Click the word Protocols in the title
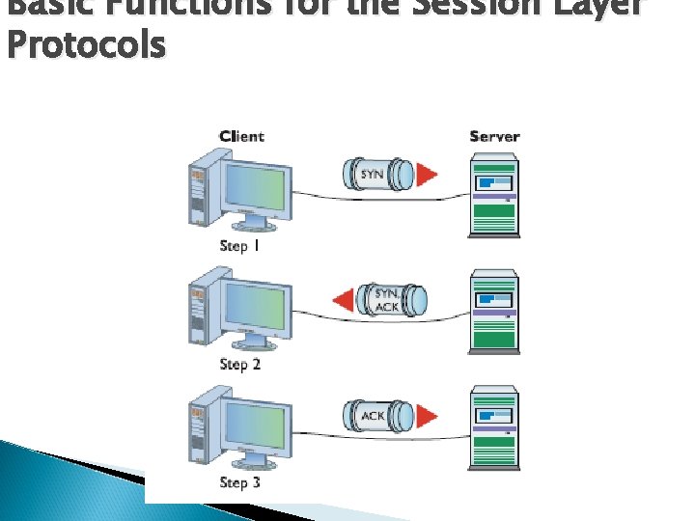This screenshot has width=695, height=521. pyautogui.click(x=85, y=45)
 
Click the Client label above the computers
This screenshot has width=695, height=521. pyautogui.click(x=241, y=136)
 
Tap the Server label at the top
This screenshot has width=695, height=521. pyautogui.click(x=494, y=136)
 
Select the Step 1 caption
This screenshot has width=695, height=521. pyautogui.click(x=240, y=245)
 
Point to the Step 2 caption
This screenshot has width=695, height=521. pyautogui.click(x=240, y=364)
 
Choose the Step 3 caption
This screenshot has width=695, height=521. pyautogui.click(x=240, y=482)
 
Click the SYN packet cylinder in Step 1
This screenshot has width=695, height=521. pyautogui.click(x=375, y=175)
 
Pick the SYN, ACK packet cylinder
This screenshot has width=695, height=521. pyautogui.click(x=386, y=299)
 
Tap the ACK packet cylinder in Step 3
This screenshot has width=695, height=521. pyautogui.click(x=375, y=416)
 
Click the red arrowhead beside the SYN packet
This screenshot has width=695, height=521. pyautogui.click(x=426, y=175)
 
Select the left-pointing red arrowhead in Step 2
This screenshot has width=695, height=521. pyautogui.click(x=343, y=300)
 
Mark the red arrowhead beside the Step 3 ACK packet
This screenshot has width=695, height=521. pyautogui.click(x=426, y=416)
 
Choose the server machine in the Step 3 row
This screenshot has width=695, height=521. pyautogui.click(x=493, y=428)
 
